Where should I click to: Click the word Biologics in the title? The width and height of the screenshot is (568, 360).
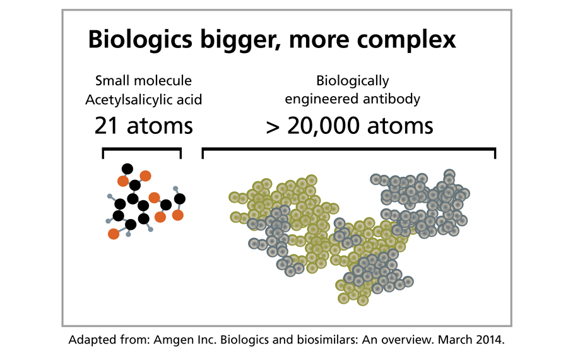click(x=140, y=40)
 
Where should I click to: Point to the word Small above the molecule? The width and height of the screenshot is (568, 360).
click(x=112, y=80)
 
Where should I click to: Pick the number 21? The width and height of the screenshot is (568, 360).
click(x=107, y=126)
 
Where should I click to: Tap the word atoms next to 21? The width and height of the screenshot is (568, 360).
click(x=160, y=126)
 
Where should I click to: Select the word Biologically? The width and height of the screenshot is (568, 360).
click(x=352, y=81)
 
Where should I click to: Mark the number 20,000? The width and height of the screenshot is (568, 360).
click(x=323, y=126)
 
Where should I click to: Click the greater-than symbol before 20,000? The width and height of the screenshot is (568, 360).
click(x=273, y=128)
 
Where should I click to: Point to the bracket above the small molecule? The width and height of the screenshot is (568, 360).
click(x=141, y=148)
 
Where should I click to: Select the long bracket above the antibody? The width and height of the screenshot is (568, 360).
click(x=349, y=148)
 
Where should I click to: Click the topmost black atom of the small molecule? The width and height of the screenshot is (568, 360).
click(x=127, y=169)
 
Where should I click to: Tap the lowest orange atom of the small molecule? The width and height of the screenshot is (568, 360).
click(x=114, y=234)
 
